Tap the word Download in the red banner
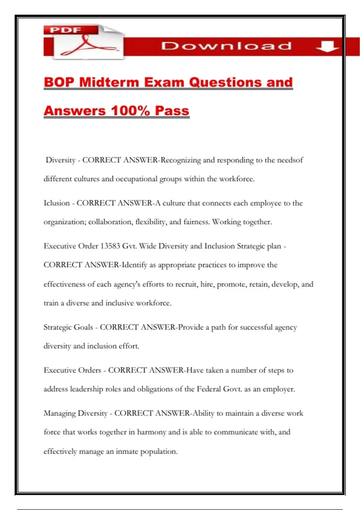pyautogui.click(x=226, y=46)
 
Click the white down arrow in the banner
pyautogui.click(x=327, y=46)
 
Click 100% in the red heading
pyautogui.click(x=130, y=111)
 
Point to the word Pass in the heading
pyautogui.click(x=172, y=111)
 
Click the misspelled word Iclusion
pyautogui.click(x=57, y=203)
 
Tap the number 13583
pyautogui.click(x=110, y=246)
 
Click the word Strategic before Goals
pyautogui.click(x=57, y=327)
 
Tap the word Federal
pyautogui.click(x=209, y=389)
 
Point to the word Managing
pyautogui.click(x=59, y=413)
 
